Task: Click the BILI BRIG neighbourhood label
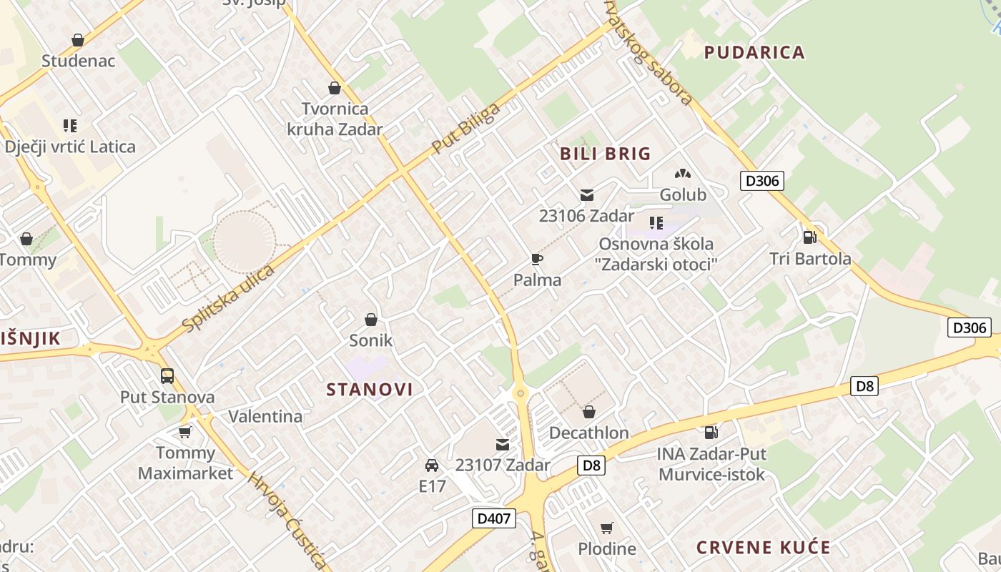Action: [x=605, y=154]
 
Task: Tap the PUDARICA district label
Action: [x=754, y=52]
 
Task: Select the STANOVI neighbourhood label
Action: [x=370, y=390]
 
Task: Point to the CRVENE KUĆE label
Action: [x=764, y=548]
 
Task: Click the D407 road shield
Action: [x=494, y=518]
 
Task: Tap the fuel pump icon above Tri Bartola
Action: [x=809, y=237]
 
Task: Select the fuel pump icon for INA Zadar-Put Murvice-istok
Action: [x=711, y=432]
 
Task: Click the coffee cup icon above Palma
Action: [x=537, y=259]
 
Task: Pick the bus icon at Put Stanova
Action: [x=167, y=375]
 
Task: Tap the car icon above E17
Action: [x=432, y=465]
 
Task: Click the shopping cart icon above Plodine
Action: [x=606, y=528]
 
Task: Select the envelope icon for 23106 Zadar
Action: [x=587, y=195]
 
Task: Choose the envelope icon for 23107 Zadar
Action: [x=503, y=445]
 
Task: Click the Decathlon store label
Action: [x=588, y=433]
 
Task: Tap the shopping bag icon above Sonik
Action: [x=370, y=319]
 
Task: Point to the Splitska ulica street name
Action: [x=229, y=299]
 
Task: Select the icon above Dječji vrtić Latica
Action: [x=70, y=127]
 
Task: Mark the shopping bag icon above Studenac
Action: [x=78, y=40]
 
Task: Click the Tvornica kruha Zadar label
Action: [x=335, y=119]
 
